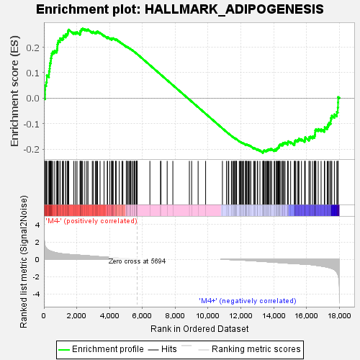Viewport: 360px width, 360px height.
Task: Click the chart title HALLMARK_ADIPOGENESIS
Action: click(x=179, y=9)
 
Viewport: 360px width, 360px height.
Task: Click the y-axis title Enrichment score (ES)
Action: click(x=15, y=91)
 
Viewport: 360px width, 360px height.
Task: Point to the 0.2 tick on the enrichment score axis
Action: click(x=34, y=48)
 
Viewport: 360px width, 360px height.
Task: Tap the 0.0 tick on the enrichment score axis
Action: click(x=34, y=99)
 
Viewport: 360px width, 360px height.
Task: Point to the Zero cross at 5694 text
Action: click(x=137, y=261)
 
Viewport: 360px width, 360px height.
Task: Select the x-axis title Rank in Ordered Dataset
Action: click(x=191, y=328)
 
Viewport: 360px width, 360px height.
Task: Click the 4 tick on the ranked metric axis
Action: click(x=36, y=225)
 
